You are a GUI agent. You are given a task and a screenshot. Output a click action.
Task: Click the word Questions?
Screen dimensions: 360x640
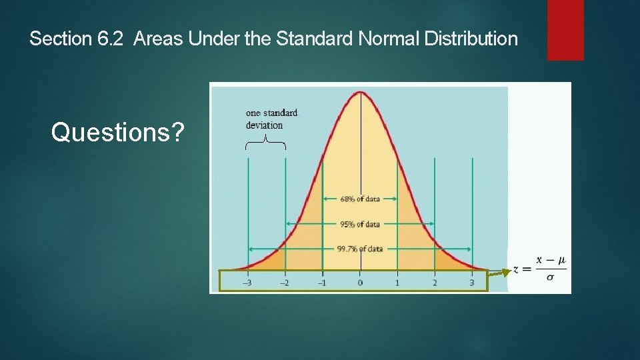(117, 133)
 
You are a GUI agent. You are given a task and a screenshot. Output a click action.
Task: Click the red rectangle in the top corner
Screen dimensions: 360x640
(565, 29)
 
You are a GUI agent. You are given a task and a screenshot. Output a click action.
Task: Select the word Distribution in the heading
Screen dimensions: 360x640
(470, 39)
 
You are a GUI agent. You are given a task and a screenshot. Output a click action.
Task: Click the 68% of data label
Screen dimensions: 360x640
(360, 199)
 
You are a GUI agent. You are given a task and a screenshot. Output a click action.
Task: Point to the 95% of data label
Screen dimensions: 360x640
(360, 224)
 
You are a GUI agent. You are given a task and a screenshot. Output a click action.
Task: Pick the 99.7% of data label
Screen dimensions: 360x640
(360, 249)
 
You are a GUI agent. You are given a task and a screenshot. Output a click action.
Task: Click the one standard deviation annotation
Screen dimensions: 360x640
(271, 119)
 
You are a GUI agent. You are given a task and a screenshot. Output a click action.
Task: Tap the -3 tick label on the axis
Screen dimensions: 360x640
(247, 283)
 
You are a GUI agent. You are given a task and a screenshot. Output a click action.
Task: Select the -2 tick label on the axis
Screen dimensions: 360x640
(285, 283)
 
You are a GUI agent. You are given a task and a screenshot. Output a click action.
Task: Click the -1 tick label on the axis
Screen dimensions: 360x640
(322, 283)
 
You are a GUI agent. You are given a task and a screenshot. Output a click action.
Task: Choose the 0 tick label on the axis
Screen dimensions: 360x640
(360, 283)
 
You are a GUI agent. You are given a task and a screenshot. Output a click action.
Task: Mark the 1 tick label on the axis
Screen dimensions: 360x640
(397, 283)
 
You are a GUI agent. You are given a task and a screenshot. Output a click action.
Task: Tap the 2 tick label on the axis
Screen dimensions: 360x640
(435, 283)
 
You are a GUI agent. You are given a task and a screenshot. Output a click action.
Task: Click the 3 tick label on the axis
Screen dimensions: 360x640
(472, 283)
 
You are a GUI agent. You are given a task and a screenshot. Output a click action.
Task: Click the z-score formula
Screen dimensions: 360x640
(540, 268)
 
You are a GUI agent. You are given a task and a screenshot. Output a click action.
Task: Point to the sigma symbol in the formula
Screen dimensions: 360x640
(550, 277)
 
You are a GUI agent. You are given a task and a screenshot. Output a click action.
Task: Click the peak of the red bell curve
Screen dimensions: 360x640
(360, 92)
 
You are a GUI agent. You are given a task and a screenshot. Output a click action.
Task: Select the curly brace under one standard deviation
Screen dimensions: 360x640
(265, 142)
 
